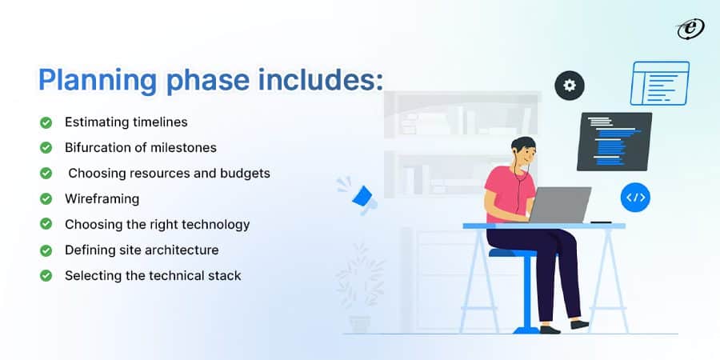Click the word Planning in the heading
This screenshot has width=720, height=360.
pos(98,81)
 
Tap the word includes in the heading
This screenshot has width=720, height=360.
pos(320,79)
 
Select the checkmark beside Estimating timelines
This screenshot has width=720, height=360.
pos(46,122)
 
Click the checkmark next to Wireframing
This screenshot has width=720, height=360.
pos(46,199)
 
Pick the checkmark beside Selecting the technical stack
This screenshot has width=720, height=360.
pos(46,275)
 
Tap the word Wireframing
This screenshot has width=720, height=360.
pos(102,199)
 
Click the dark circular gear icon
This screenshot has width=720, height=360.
pos(570,86)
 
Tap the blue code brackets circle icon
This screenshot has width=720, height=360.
pos(635,198)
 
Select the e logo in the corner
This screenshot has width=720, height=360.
pos(690,29)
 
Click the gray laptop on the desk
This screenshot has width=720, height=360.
pos(560,204)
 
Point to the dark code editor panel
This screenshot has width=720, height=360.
pos(614,142)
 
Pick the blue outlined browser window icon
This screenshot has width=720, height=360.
pos(660,83)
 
